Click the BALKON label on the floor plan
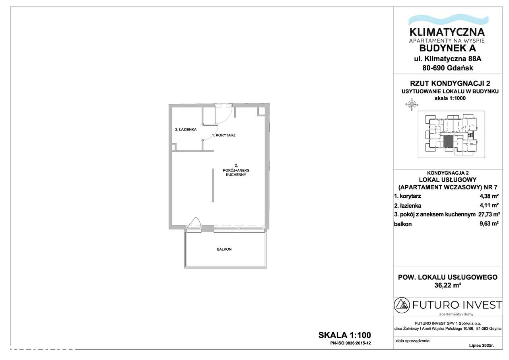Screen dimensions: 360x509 pyautogui.click(x=224, y=249)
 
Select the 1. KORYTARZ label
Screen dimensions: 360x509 pyautogui.click(x=223, y=135)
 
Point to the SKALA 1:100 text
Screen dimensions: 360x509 pyautogui.click(x=345, y=335)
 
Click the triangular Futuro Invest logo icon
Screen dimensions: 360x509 pyautogui.click(x=402, y=306)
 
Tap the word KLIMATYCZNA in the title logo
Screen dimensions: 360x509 pyautogui.click(x=447, y=32)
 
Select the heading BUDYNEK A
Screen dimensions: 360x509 pyautogui.click(x=447, y=49)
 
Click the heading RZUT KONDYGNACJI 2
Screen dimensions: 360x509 pyautogui.click(x=447, y=83)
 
